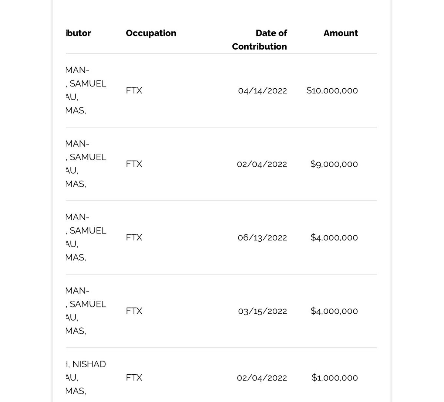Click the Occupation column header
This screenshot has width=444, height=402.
(151, 33)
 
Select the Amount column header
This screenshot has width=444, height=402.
(340, 33)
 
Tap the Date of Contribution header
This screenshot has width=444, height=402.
(260, 40)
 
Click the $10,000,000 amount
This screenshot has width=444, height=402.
(332, 91)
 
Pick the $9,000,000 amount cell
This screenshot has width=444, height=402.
(334, 164)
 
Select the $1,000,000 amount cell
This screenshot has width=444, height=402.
(334, 378)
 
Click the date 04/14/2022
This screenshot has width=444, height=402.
(262, 91)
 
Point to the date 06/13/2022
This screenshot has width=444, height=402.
(262, 238)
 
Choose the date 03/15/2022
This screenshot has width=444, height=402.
(262, 311)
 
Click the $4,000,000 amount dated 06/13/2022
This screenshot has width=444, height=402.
(334, 238)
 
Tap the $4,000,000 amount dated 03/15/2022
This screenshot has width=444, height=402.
(334, 311)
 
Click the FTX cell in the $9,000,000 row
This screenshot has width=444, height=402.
(134, 164)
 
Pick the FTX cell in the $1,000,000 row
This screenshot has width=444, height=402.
(134, 378)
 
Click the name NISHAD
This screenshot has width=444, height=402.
(89, 364)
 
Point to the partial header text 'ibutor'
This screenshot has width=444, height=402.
(78, 33)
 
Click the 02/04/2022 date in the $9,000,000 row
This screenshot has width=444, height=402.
(262, 164)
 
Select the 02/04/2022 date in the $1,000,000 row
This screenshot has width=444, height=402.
(262, 378)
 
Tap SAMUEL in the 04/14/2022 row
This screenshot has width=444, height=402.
(88, 84)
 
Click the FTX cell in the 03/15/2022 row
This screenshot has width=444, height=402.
(134, 311)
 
